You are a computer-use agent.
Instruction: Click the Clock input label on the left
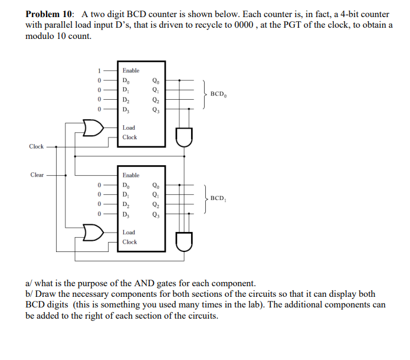36,146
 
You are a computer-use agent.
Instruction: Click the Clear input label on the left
37,175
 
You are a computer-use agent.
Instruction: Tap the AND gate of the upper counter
183,137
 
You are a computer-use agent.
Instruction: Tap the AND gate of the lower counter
183,242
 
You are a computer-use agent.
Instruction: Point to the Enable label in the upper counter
131,70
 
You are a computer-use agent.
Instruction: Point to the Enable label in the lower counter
131,175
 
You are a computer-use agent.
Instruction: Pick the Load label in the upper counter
129,127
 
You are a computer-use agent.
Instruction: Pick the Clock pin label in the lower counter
130,242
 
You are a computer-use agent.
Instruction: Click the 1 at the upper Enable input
100,70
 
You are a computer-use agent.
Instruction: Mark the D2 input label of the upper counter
126,100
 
